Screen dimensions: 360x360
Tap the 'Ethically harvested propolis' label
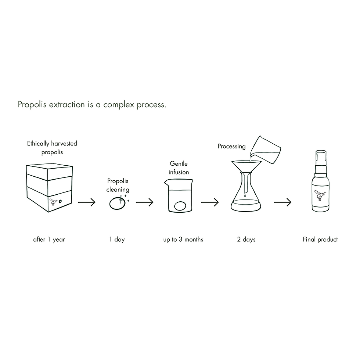tap(52, 148)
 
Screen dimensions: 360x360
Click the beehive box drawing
tap(49, 187)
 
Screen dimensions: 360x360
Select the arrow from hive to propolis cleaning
tap(87, 202)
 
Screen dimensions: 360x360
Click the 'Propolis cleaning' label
tap(118, 185)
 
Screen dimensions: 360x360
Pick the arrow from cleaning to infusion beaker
tap(144, 202)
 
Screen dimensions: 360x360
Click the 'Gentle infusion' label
tap(179, 168)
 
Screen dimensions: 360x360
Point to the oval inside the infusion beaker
tap(180, 206)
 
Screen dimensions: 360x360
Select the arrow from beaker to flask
tap(210, 202)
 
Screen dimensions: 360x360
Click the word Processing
tap(231, 146)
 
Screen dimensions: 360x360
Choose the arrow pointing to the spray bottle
tap(282, 202)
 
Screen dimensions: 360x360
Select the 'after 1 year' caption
tap(49, 240)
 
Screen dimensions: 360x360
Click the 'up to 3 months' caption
tap(183, 240)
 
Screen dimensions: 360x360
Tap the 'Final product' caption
tap(320, 240)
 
